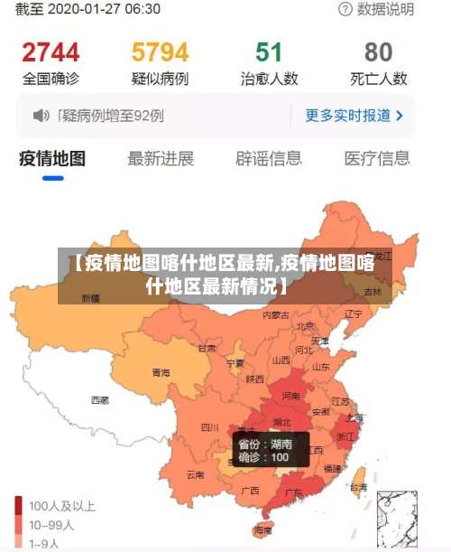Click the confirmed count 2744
tap(51, 51)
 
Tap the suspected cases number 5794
tap(160, 51)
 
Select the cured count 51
tap(269, 51)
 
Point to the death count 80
tap(379, 51)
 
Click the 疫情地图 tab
tap(52, 159)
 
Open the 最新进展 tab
tap(161, 159)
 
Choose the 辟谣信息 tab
tap(269, 159)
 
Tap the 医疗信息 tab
tap(377, 159)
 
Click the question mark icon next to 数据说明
tap(345, 9)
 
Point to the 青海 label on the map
tap(161, 372)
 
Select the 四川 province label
tap(209, 427)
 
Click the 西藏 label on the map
tap(99, 399)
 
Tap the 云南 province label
tap(195, 474)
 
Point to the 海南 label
tap(263, 529)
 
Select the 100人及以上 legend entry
tap(61, 506)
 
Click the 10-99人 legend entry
tap(52, 525)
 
